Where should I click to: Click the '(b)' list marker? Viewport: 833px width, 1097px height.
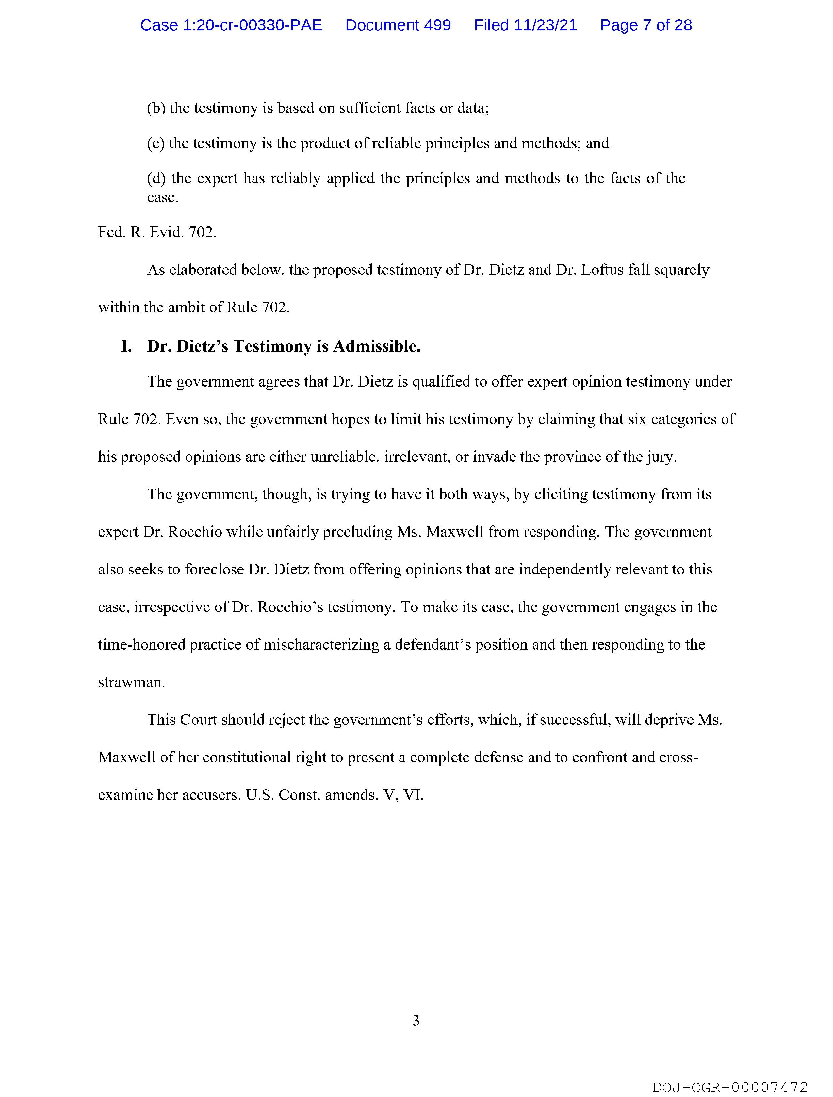(x=156, y=108)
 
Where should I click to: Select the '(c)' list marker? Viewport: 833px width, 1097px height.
(x=155, y=143)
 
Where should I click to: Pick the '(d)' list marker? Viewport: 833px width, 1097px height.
(x=156, y=178)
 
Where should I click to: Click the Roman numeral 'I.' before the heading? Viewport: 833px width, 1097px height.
(x=126, y=346)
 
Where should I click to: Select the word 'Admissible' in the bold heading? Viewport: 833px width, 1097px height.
(x=376, y=346)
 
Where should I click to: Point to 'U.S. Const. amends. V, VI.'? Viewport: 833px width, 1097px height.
(x=335, y=795)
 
